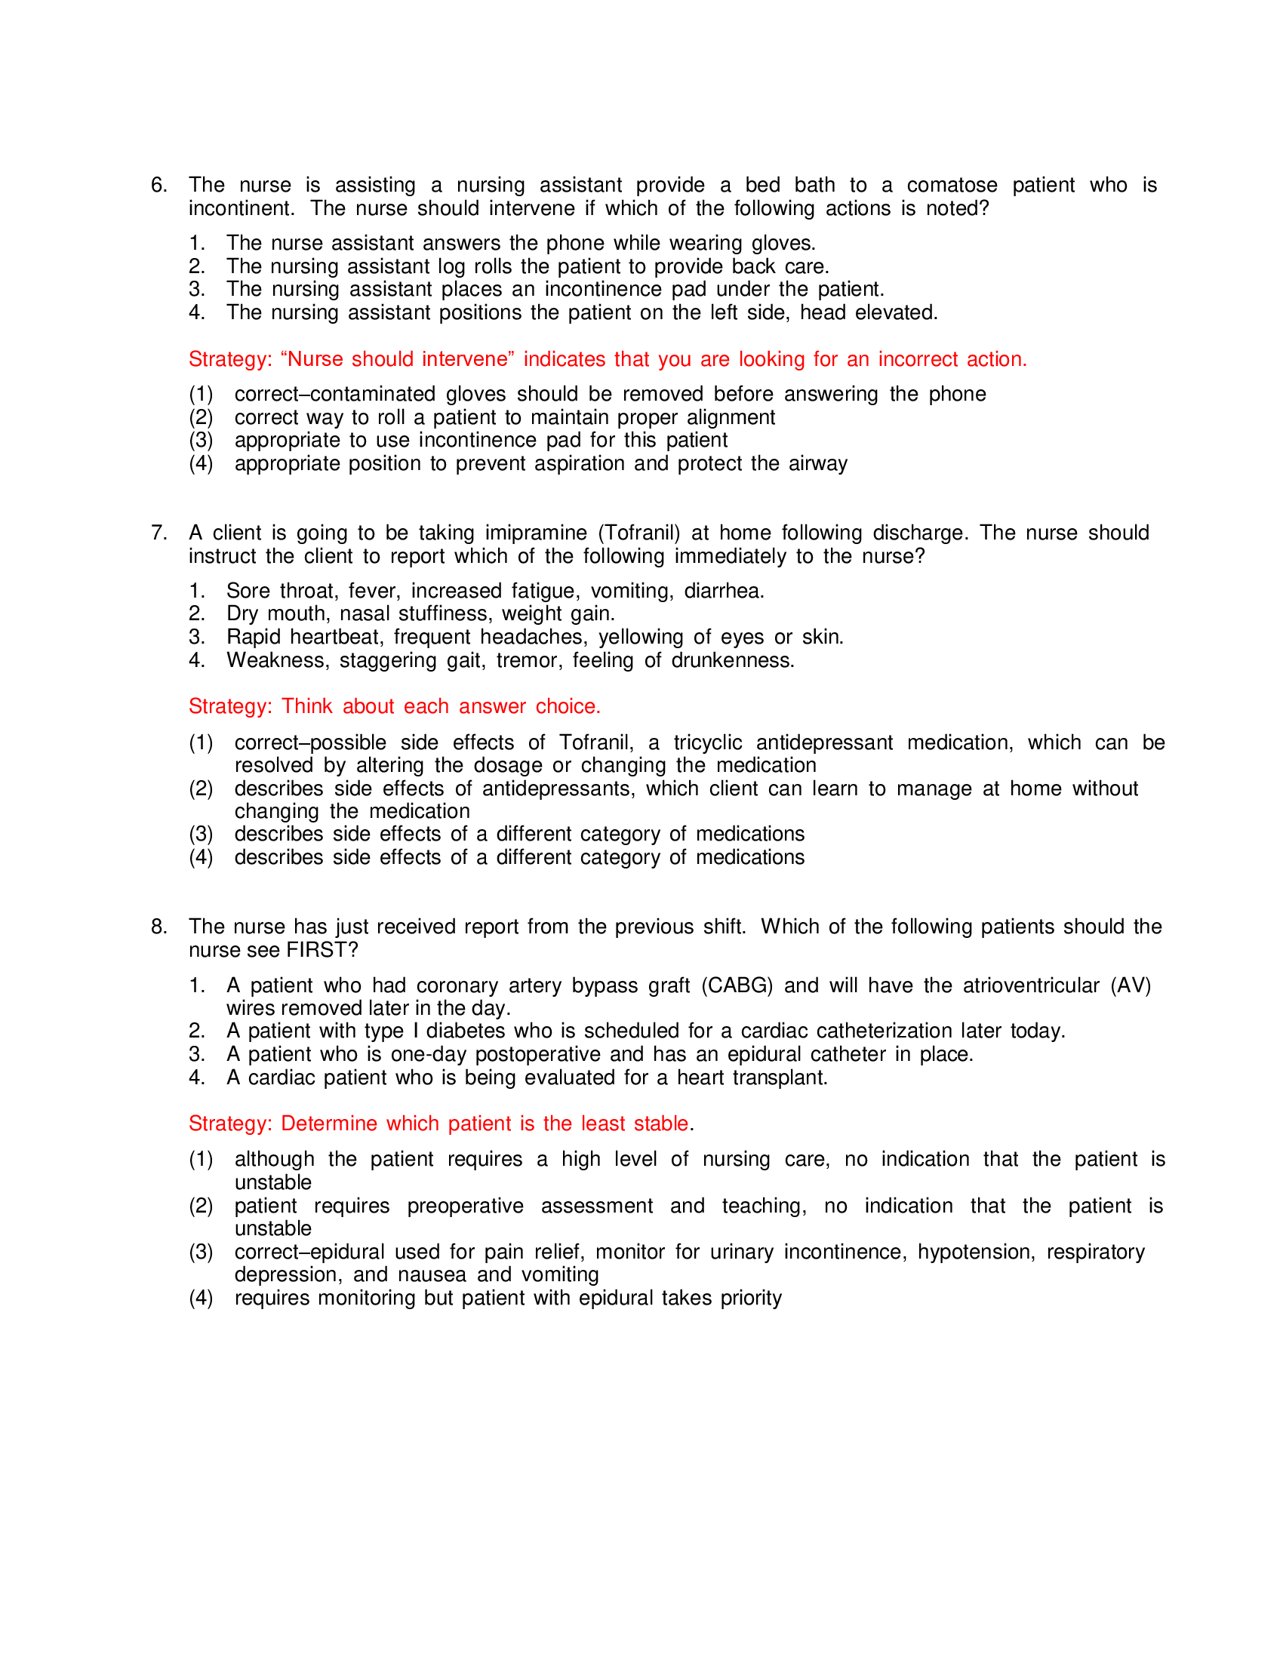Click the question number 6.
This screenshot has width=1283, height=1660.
click(x=158, y=185)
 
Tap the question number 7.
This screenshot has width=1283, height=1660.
click(x=158, y=533)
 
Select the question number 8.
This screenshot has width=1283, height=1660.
click(x=158, y=927)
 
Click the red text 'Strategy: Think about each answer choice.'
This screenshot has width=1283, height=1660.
click(x=395, y=706)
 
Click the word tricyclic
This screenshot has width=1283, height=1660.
click(x=708, y=742)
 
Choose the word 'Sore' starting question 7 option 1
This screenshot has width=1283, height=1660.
click(x=248, y=591)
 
